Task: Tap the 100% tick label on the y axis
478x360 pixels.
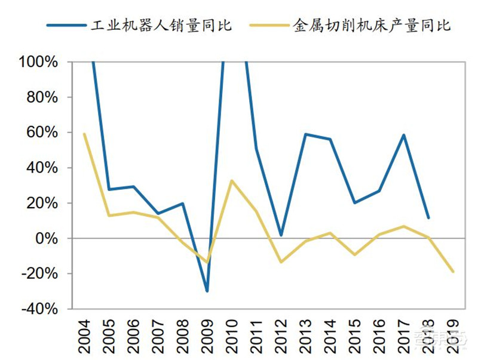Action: tap(39, 62)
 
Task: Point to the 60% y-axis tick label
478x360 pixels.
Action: tap(42, 133)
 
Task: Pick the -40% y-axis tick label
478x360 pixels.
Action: tap(40, 309)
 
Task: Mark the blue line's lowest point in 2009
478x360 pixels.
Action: tap(207, 291)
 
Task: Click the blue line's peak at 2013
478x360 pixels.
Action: tap(306, 134)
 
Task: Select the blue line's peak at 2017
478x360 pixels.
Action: tap(404, 135)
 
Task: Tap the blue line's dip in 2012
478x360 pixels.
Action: tap(281, 235)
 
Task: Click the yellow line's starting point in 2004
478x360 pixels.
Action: tap(85, 134)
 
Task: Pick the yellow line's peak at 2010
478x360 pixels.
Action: tap(232, 181)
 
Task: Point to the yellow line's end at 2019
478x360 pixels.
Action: tap(453, 272)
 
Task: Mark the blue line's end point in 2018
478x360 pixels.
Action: tap(428, 218)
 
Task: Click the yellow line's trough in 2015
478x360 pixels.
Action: tap(355, 255)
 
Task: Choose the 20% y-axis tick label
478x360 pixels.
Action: tap(42, 203)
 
